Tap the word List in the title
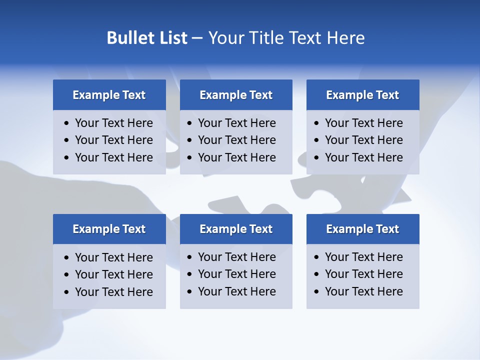coord(171,38)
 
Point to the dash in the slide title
coord(197,38)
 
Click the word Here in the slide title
coord(345,38)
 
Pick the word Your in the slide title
coord(223,38)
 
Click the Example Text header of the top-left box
coord(109,95)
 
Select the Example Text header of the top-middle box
coord(236,95)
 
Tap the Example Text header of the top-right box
coord(362,95)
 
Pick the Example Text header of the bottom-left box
coord(109,229)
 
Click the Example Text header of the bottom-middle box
coord(236,229)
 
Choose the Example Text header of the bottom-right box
coord(362,229)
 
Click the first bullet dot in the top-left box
coord(67,123)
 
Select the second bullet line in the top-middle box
coord(236,140)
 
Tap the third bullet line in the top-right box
coord(363,157)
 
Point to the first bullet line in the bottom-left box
coord(113,257)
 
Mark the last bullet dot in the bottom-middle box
coord(190,291)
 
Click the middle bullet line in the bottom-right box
coord(363,274)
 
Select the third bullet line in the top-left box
coord(113,157)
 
